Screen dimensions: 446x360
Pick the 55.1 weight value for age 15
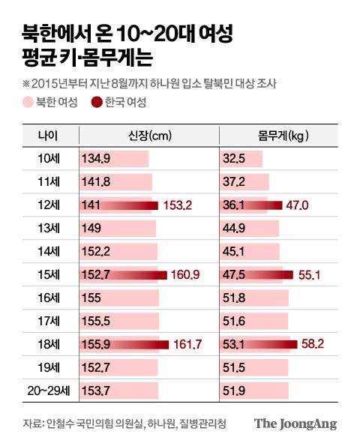coord(306,276)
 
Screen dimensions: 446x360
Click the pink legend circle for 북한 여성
coord(27,102)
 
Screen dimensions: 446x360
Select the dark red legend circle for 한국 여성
coord(96,102)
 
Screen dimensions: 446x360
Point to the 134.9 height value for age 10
coord(95,159)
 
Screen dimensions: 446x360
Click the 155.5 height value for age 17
coord(95,322)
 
